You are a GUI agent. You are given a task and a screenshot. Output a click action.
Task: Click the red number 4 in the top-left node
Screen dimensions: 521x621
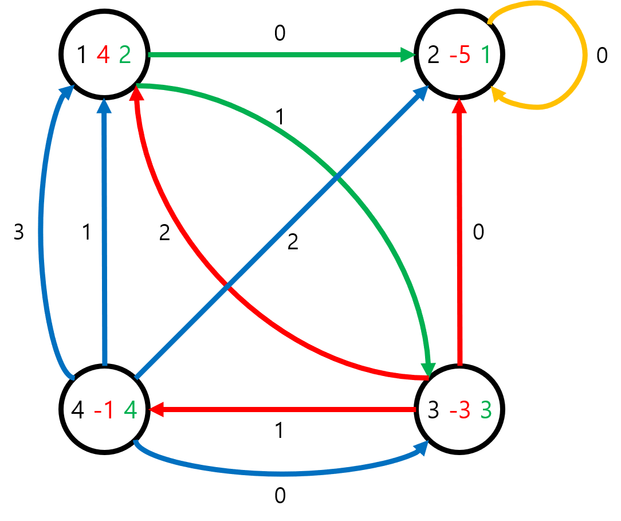pyautogui.click(x=103, y=56)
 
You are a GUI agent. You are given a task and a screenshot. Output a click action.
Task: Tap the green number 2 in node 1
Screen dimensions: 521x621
pyautogui.click(x=125, y=56)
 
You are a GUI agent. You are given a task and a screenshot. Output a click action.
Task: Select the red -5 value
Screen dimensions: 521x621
pyautogui.click(x=460, y=56)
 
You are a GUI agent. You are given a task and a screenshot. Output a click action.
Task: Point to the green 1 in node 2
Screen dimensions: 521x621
pyautogui.click(x=486, y=56)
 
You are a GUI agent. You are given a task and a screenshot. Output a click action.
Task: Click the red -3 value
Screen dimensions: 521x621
pyautogui.click(x=460, y=410)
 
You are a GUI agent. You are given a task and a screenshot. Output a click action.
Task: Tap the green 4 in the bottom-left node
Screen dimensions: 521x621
pyautogui.click(x=131, y=410)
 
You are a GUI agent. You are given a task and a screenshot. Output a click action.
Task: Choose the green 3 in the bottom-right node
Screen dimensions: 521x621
pyautogui.click(x=486, y=410)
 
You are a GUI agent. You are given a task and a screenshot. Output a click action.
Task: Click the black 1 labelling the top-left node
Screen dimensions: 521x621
pyautogui.click(x=81, y=56)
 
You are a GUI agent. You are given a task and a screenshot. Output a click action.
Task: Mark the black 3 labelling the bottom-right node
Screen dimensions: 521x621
pyautogui.click(x=434, y=410)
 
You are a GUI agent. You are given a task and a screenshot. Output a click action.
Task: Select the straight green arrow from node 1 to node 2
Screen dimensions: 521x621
pyautogui.click(x=275, y=55)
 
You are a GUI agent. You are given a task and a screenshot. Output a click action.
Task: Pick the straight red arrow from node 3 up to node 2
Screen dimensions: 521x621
pyautogui.click(x=459, y=229)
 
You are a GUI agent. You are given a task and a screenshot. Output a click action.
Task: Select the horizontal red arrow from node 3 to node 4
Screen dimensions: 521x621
pyautogui.click(x=281, y=409)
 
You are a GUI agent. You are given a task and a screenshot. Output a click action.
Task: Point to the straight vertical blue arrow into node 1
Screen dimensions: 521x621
pyautogui.click(x=104, y=229)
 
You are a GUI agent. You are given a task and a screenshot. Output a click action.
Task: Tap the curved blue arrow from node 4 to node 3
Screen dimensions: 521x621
pyautogui.click(x=281, y=473)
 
